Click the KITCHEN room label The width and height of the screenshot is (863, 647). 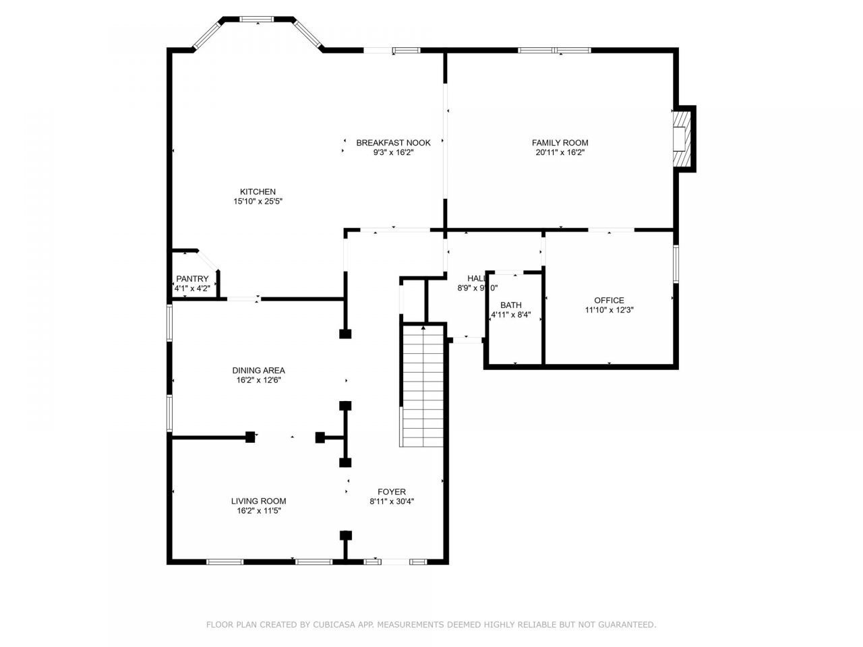pos(258,191)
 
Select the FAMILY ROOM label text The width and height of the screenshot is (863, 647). pos(560,142)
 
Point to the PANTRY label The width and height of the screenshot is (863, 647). pos(192,279)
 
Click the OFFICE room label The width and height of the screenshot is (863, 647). pos(609,301)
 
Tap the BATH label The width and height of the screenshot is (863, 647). pos(510,305)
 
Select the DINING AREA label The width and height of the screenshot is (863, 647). pos(258,370)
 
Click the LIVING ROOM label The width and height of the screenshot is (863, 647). pos(258,501)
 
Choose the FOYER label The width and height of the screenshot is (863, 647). pos(391,492)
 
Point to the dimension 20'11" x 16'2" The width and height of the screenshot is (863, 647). pos(560,152)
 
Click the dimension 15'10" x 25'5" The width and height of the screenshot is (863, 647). pos(258,202)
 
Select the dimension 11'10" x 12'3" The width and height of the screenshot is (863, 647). pos(609,311)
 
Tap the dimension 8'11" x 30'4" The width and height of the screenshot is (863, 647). pos(391,501)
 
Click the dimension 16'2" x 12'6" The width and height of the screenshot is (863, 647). pos(258,380)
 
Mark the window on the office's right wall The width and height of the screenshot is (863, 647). pos(676,264)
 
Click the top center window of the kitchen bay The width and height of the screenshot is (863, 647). pos(258,19)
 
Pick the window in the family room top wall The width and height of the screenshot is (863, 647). pos(554,50)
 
